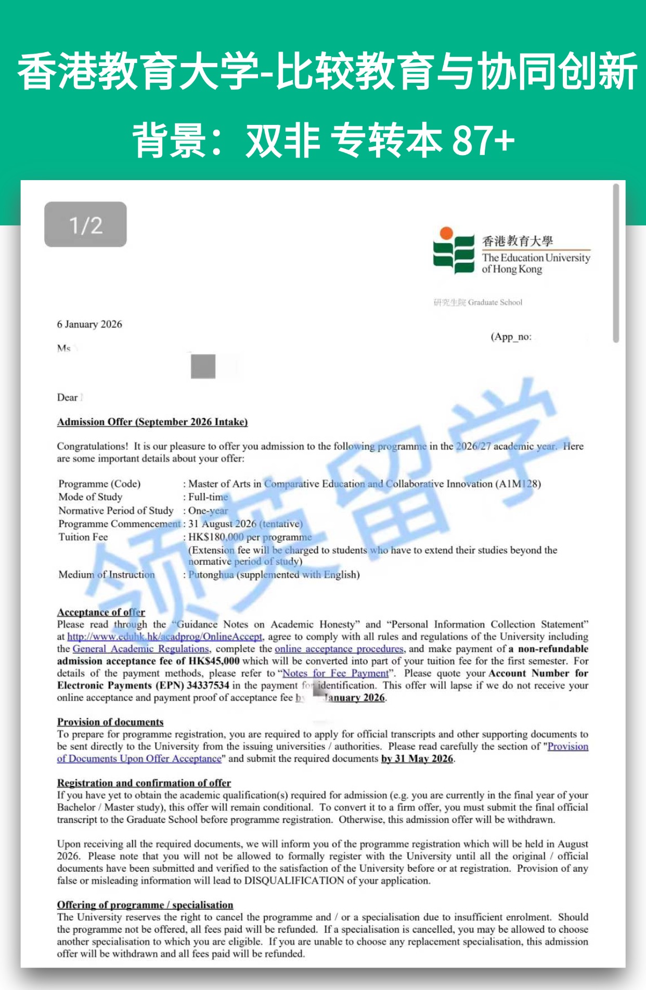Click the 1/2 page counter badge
(85, 224)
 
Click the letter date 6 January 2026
(89, 324)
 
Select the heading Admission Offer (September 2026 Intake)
(152, 422)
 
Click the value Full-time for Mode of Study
(208, 497)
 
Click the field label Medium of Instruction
(107, 575)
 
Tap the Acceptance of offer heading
(101, 612)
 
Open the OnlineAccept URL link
(165, 637)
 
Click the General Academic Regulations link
(140, 649)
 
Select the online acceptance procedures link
(339, 649)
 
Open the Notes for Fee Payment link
(335, 674)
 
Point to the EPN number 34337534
(208, 686)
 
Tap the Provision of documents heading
(110, 722)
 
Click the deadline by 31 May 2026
(417, 759)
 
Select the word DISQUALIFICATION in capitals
(294, 881)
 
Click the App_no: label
(511, 337)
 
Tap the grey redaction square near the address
(203, 366)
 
